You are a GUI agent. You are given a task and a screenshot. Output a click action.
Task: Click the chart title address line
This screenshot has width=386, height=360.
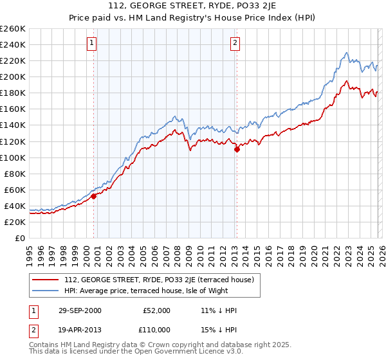[193, 7]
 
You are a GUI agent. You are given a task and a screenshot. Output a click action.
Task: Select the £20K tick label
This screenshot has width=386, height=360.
[15, 222]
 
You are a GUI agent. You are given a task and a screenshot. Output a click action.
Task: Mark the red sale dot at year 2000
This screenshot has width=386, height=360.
[94, 196]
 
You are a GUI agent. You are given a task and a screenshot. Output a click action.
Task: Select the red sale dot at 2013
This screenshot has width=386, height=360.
[237, 149]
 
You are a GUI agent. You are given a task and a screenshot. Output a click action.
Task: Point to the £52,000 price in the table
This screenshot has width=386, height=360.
[156, 310]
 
